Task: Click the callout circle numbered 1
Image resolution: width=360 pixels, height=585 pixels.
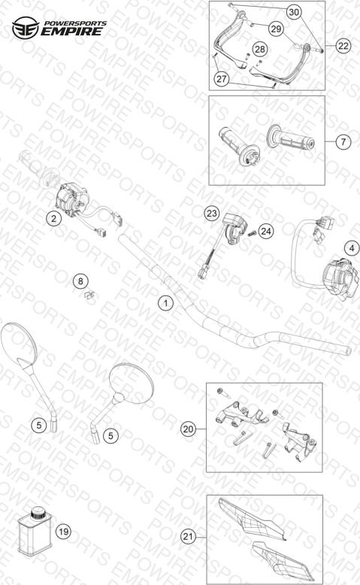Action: click(x=165, y=303)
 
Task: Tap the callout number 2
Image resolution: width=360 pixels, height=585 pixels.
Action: click(x=53, y=218)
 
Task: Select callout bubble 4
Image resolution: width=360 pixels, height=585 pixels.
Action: click(x=352, y=247)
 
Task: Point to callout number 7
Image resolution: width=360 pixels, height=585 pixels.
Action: click(x=343, y=142)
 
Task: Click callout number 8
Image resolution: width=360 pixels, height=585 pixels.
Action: click(x=80, y=281)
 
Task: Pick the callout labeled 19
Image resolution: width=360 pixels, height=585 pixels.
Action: click(x=63, y=532)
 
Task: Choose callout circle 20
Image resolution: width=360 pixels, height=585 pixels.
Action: click(x=188, y=429)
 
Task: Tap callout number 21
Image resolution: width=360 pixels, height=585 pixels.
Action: click(x=188, y=537)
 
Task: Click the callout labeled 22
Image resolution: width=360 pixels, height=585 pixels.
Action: click(x=343, y=46)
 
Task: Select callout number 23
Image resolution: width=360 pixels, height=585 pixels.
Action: click(x=211, y=214)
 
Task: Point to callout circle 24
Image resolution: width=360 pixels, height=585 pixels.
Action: click(x=265, y=232)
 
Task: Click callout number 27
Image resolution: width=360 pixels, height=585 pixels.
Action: click(x=222, y=79)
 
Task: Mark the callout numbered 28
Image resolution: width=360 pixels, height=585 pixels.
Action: click(x=260, y=49)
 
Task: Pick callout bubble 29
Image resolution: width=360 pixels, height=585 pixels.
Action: click(x=276, y=29)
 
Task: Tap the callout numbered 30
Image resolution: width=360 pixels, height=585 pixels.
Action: click(x=294, y=12)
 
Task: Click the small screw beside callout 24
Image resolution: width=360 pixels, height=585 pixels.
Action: click(x=252, y=234)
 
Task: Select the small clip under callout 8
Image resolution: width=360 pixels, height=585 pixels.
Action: click(x=89, y=295)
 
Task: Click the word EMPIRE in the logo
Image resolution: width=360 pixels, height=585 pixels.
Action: click(x=71, y=32)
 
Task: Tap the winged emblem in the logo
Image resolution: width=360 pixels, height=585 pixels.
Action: click(x=26, y=28)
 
